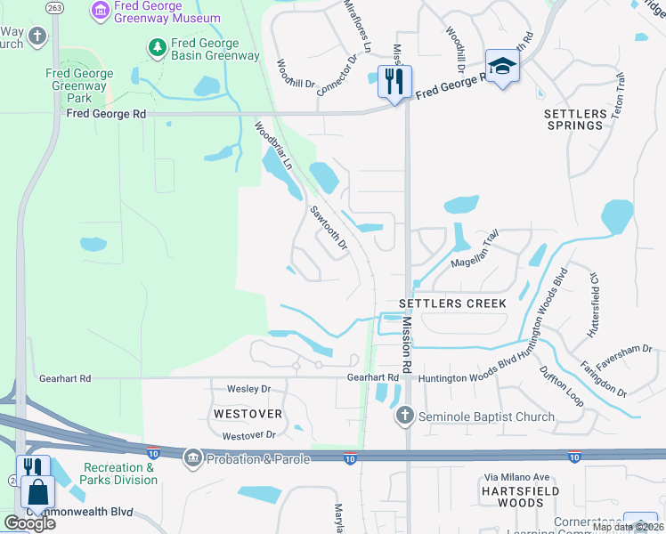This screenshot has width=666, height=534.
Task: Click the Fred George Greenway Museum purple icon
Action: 101,11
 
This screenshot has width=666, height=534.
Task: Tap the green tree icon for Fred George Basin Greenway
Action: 157,46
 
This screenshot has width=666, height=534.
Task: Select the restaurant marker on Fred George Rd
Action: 392,82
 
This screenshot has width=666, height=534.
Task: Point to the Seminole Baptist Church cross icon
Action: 404,416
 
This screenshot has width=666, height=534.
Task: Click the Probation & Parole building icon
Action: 191,458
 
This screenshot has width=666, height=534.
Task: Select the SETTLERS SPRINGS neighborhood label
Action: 574,119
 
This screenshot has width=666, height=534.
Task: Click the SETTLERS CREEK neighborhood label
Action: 459,303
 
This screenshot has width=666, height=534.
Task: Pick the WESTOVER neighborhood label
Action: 248,414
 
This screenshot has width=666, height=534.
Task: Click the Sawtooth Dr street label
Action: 327,228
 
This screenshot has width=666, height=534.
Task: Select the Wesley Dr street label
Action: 248,389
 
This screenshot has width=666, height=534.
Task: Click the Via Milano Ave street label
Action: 541,477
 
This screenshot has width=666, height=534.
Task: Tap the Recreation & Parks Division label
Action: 119,473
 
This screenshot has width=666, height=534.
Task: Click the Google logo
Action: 29,522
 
